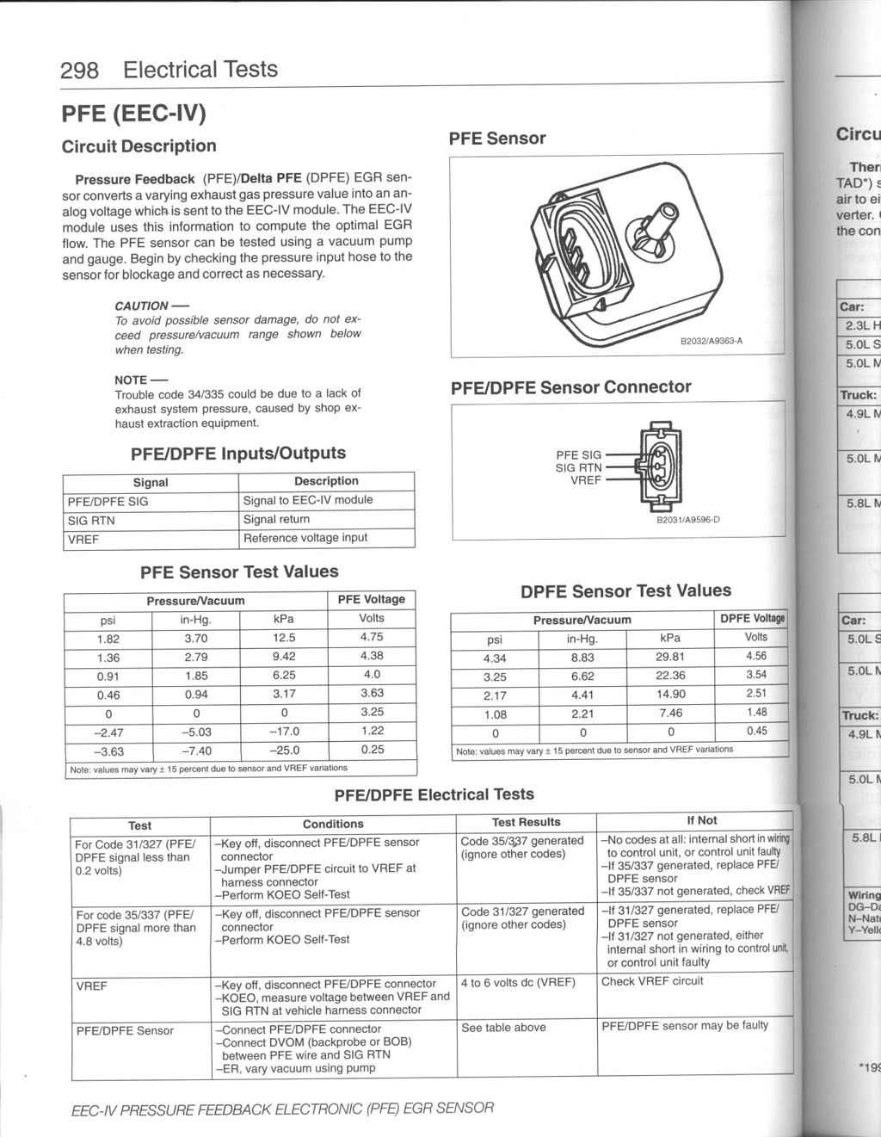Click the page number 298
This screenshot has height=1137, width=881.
coord(79,70)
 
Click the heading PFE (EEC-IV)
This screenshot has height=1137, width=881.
coord(133,114)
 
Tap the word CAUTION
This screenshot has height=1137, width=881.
coord(142,306)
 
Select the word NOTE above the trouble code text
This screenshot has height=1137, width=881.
coord(131,380)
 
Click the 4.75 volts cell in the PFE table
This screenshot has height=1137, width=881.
coord(372,637)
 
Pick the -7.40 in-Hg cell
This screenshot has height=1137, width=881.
coord(196,751)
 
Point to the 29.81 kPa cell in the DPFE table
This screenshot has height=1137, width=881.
coord(670,657)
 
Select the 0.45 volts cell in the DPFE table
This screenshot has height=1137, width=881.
coord(756,732)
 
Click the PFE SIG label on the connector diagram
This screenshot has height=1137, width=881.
coord(578,455)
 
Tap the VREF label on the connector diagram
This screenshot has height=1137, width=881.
coord(586,480)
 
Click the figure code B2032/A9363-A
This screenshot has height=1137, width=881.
coord(711,342)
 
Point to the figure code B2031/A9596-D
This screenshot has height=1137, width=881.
coord(687,520)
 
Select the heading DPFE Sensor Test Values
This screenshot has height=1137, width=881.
coord(625,591)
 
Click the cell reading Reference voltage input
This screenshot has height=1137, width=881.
coord(305,538)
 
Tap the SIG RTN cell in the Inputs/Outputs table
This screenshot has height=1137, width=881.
coord(91,521)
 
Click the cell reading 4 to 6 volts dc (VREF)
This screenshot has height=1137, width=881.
coord(518,982)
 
